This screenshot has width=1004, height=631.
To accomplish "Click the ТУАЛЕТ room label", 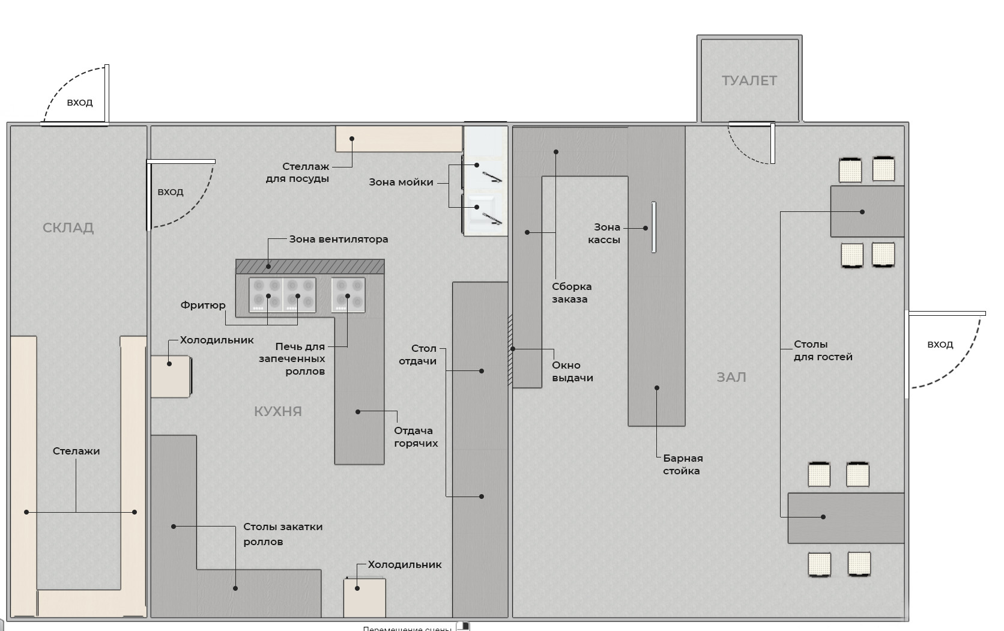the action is point(749,80).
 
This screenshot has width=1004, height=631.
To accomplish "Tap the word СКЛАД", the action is point(68,228).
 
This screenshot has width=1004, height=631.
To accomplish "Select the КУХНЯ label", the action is point(278,411).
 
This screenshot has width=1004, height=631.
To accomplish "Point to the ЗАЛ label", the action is point(731,378).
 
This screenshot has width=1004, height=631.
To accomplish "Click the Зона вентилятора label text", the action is point(339,240).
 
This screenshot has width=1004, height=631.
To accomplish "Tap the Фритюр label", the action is point(203,305).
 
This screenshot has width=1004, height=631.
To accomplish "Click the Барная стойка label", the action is point(683,465).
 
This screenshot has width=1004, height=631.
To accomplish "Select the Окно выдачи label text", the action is point(572,372).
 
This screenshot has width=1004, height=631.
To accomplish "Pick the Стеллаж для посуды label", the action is point(298,172).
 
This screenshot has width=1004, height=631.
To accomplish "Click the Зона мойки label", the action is point(401,183).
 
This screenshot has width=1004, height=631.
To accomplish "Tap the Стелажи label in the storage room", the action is point(76,451).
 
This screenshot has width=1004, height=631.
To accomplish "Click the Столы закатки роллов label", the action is point(283,534).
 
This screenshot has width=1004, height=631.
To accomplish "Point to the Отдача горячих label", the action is point(416,437).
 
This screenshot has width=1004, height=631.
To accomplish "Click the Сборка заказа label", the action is point(572,292).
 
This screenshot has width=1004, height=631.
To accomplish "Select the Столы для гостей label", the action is point(823,351).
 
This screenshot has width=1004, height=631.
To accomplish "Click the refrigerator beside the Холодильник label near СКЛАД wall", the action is point(171,376).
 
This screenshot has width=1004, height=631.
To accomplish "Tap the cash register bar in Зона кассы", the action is point(654,227).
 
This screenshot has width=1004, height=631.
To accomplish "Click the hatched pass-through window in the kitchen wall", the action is point(510,350).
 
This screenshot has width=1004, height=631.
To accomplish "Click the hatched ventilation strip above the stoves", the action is point(310,266).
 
